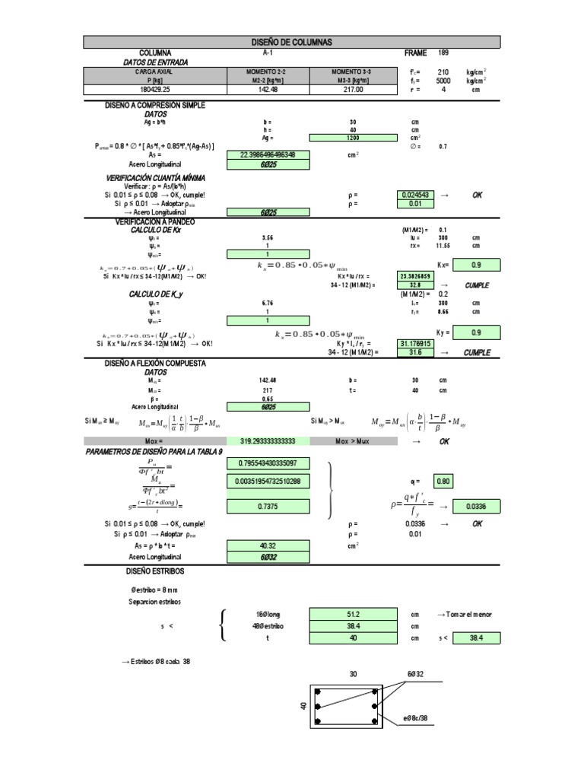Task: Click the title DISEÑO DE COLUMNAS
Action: point(291,42)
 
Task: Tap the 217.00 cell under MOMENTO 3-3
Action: point(354,90)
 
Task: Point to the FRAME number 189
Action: point(444,53)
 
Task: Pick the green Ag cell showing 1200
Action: point(354,138)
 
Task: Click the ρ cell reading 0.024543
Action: point(414,196)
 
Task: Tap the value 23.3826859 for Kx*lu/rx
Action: point(414,276)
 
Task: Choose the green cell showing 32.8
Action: point(414,285)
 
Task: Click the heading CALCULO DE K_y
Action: point(155,294)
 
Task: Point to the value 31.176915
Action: point(414,344)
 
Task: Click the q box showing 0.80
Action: point(443,481)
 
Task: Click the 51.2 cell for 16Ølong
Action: point(354,615)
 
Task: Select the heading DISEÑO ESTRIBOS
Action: point(155,571)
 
